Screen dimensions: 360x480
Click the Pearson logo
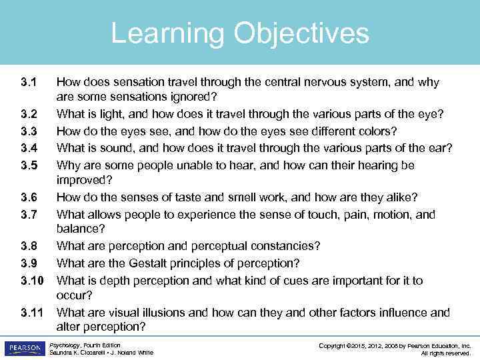(x=23, y=348)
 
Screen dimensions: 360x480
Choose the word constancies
(x=284, y=246)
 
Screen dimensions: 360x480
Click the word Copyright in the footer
(x=339, y=345)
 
